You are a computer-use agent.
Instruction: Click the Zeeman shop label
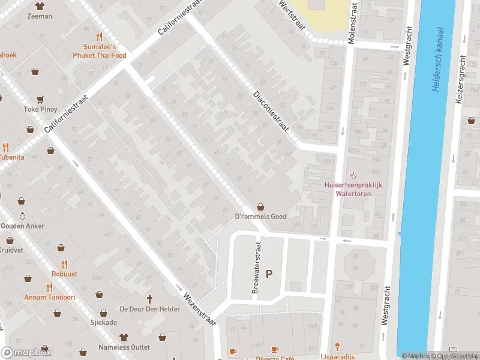(40, 16)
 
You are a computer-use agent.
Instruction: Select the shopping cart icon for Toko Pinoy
(40, 100)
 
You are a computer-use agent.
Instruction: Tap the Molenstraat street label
(352, 26)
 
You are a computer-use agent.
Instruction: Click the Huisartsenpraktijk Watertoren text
(353, 189)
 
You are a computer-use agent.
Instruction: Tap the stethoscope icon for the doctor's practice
(353, 176)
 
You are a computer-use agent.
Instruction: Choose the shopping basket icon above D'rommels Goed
(260, 206)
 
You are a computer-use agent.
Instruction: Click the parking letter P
(269, 274)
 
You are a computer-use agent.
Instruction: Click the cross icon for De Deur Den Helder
(150, 298)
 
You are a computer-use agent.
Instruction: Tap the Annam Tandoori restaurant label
(49, 297)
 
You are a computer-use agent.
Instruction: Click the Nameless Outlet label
(124, 347)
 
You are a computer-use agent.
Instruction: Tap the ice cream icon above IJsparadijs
(338, 346)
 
